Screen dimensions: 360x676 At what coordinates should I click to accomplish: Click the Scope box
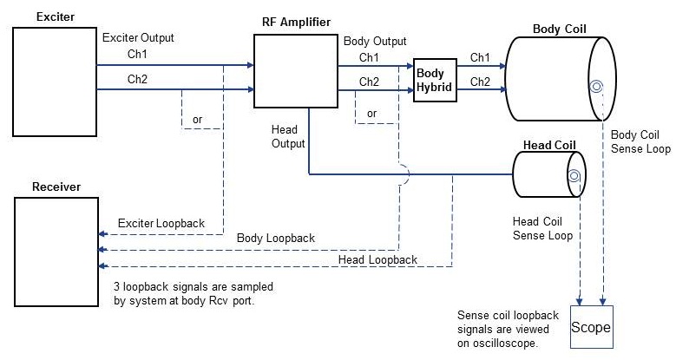(x=590, y=327)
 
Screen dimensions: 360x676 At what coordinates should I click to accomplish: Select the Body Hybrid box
(x=435, y=82)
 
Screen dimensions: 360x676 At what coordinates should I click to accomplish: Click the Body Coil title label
(x=559, y=29)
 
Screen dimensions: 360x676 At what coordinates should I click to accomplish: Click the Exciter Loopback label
(x=161, y=224)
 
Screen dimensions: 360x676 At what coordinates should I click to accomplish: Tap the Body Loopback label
(x=275, y=238)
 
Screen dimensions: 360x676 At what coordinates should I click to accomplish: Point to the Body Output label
(x=375, y=41)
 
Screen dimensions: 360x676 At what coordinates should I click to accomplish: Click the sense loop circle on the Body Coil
(x=596, y=86)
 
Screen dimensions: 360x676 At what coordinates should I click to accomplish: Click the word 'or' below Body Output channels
(x=372, y=114)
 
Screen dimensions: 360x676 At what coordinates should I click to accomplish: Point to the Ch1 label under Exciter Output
(x=136, y=55)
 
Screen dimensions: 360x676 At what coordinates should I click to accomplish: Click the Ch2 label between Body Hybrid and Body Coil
(x=480, y=82)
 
